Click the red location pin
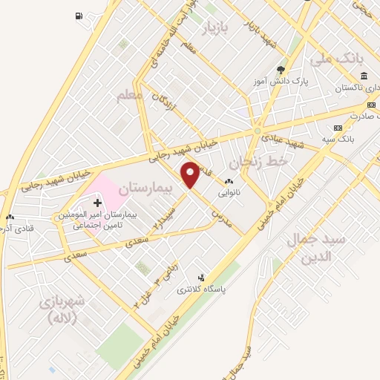pos(191,174)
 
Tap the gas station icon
pos(79,16)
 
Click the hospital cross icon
pos(96,201)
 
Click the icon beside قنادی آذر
pos(10,217)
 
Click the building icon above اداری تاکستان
pos(364,76)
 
